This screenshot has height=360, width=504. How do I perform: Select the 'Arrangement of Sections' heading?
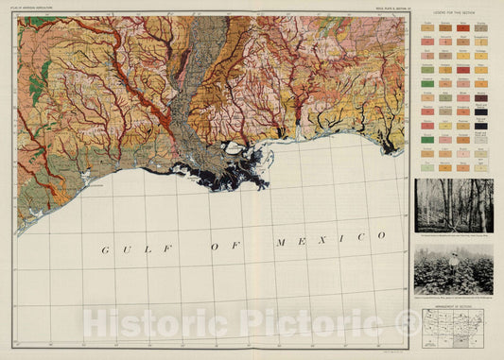[x=453, y=303]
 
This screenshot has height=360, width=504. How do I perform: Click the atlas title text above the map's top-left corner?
[x=39, y=8]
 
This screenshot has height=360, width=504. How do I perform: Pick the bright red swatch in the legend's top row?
[x=463, y=29]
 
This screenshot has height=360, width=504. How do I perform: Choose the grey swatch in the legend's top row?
[x=481, y=29]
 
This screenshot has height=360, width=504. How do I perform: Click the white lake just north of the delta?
[x=231, y=146]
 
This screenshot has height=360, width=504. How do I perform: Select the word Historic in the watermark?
[x=142, y=324]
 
